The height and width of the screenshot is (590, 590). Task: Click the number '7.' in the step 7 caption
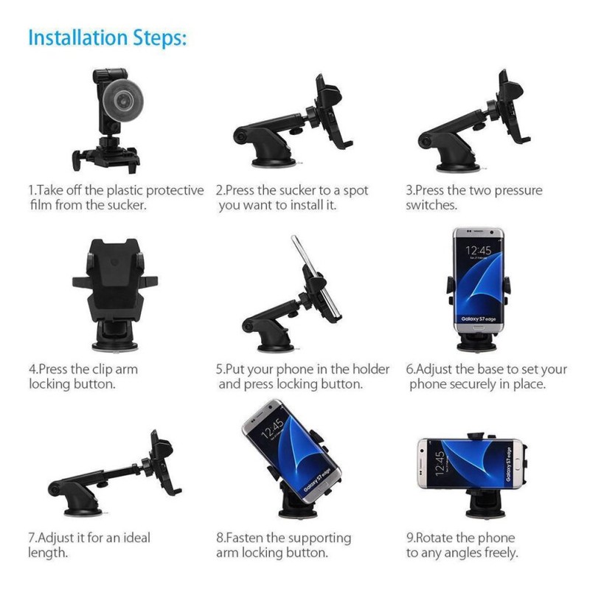[33, 538]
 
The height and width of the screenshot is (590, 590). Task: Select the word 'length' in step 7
[48, 552]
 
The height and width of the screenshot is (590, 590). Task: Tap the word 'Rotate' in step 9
[436, 538]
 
